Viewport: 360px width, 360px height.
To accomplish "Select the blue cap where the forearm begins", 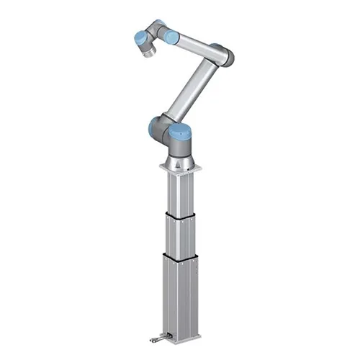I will pos(171,37).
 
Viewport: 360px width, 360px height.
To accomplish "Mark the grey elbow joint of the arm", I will pos(225,55).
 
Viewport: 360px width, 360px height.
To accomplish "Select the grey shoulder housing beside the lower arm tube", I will pos(166,122).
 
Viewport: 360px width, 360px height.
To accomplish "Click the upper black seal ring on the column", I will pos(181,215).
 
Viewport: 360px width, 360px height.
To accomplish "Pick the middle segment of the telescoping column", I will pos(181,235).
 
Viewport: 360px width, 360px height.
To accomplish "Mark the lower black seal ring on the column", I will pos(181,256).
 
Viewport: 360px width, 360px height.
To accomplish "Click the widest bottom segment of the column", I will pos(181,295).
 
